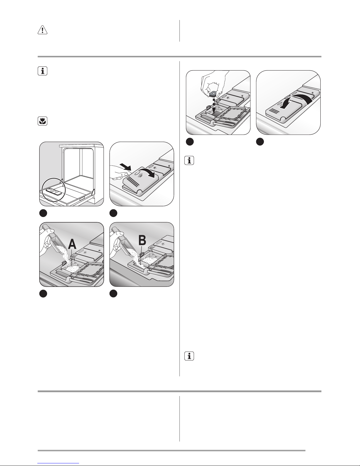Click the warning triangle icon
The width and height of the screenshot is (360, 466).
tap(43, 30)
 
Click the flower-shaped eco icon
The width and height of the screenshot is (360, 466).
tap(43, 122)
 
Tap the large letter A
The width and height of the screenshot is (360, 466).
tap(72, 244)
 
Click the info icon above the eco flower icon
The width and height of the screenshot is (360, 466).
tap(43, 71)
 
